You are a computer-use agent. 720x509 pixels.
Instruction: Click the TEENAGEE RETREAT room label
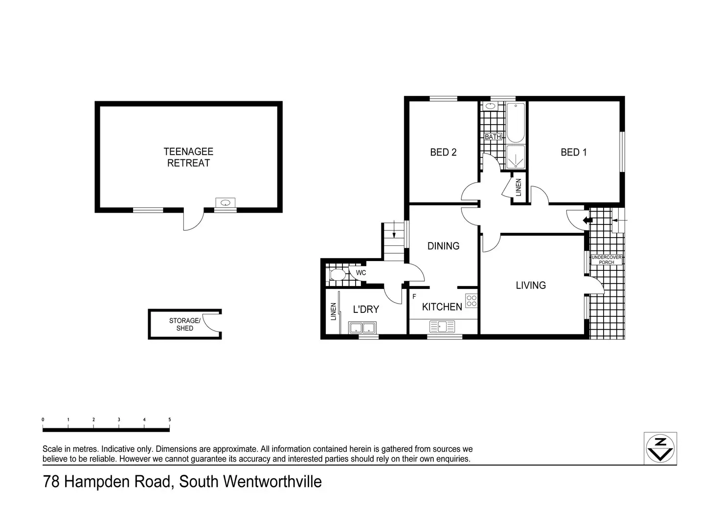coord(188,157)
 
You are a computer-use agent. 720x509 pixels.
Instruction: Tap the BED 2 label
coord(443,152)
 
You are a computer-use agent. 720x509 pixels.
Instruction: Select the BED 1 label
coord(573,152)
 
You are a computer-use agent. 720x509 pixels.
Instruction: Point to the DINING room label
coord(443,245)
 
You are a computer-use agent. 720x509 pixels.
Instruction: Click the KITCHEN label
coord(442,307)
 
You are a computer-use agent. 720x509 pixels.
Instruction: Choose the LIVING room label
coord(531,285)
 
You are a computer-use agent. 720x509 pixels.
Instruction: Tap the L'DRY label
coord(366,309)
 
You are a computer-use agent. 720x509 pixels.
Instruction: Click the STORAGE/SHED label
coord(184,324)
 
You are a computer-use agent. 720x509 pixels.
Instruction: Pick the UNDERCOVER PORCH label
coord(606,260)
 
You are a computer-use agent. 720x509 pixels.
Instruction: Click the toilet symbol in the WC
coord(337,274)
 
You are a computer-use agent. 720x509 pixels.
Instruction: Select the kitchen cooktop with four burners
coord(472,300)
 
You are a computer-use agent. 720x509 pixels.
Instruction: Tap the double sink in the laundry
coord(362,327)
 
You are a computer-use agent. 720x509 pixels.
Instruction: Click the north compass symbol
coord(661,448)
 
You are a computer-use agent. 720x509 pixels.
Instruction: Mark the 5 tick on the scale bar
coord(169,420)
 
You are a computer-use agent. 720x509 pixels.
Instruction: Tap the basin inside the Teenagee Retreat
coord(225,202)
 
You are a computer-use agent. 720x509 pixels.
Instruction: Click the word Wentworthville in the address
coord(272,482)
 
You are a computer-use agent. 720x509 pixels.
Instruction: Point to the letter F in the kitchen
coord(414,296)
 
